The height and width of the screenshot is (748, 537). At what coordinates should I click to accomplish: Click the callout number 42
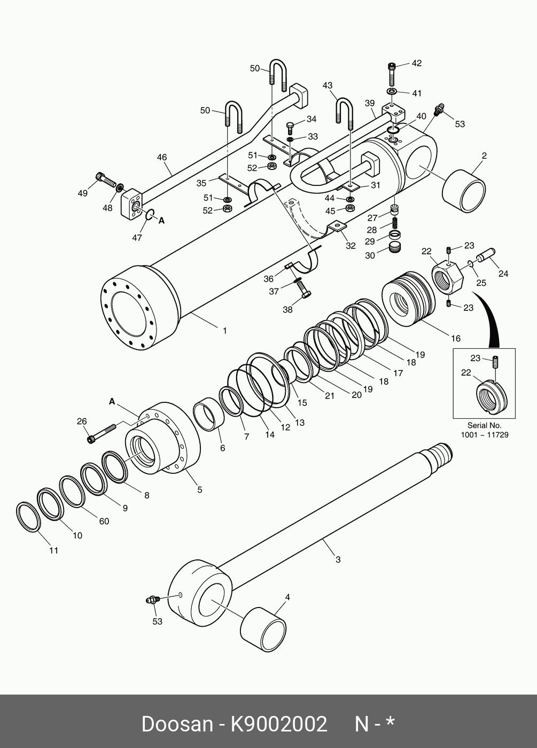point(416,63)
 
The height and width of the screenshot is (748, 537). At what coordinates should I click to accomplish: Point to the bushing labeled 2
point(464,190)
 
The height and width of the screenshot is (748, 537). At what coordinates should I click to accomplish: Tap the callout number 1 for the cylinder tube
point(225,331)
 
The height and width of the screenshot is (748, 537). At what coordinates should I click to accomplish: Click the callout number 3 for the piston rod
point(338,559)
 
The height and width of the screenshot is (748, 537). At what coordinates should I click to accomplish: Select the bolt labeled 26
point(102,433)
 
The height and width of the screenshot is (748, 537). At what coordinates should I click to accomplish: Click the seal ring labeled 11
point(28,517)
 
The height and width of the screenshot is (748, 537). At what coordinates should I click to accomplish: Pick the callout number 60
point(104,521)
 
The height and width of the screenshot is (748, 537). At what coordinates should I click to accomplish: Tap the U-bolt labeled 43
point(344,112)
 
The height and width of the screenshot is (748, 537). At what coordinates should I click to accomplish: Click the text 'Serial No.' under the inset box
point(484,425)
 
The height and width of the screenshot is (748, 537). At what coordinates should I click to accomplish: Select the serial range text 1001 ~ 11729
point(484,435)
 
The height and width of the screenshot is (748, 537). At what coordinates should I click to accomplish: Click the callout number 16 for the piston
point(455,338)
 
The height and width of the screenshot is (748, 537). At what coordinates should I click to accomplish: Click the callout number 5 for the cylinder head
point(199,489)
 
